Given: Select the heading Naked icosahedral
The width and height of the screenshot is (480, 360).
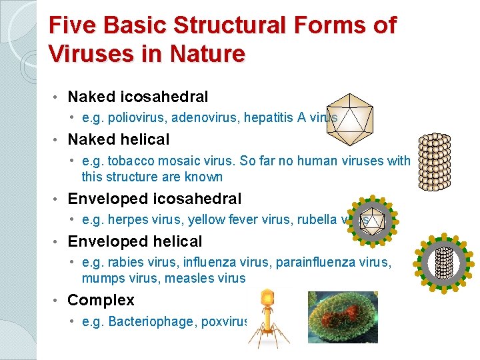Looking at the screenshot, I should (x=138, y=97).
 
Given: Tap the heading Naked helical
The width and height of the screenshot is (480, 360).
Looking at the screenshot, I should (x=119, y=139).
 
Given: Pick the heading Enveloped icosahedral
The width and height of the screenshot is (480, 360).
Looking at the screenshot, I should (x=155, y=198).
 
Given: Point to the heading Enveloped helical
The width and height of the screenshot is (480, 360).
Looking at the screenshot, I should (x=135, y=241).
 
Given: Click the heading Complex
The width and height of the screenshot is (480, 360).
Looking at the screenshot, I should (x=101, y=300).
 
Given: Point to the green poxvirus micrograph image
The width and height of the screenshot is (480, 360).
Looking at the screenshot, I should (x=342, y=317).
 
